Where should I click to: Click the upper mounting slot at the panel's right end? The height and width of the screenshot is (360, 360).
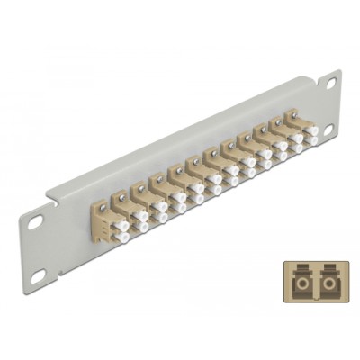click(x=331, y=84)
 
